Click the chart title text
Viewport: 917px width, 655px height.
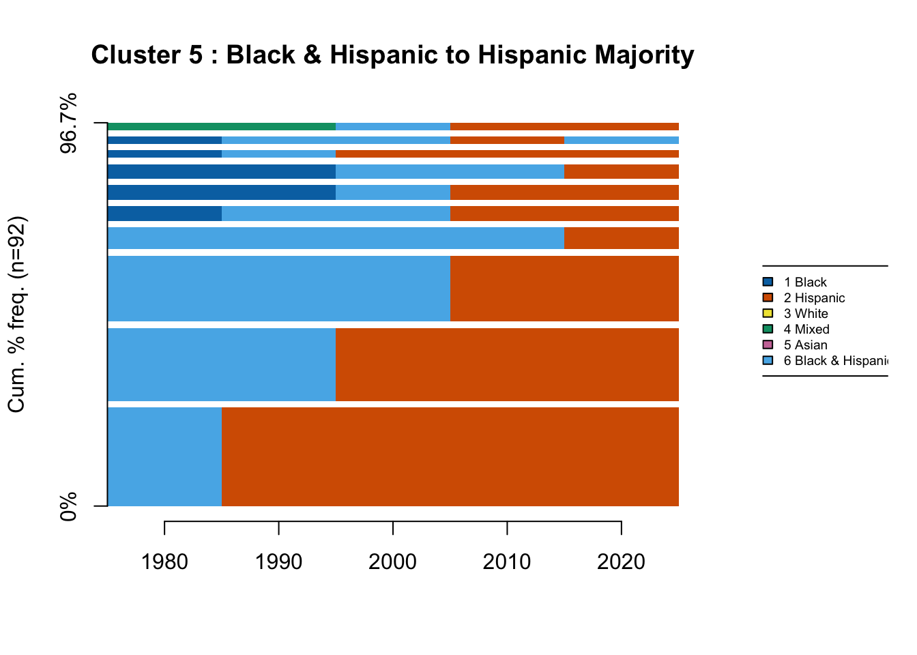pyautogui.click(x=392, y=55)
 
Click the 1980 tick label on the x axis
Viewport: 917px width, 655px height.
pyautogui.click(x=164, y=562)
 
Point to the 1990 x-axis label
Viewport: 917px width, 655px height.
pyautogui.click(x=278, y=562)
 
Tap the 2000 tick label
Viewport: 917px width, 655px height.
pyautogui.click(x=392, y=562)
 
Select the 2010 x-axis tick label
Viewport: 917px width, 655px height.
pyautogui.click(x=506, y=562)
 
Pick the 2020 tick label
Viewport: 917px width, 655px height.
pyautogui.click(x=621, y=562)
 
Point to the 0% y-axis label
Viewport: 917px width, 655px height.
pyautogui.click(x=69, y=507)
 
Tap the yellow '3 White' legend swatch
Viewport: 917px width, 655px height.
pyautogui.click(x=768, y=314)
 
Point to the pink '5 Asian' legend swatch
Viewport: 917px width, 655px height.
pyautogui.click(x=768, y=345)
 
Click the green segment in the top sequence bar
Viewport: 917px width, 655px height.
pyautogui.click(x=221, y=126)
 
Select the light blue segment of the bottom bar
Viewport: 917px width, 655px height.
pyautogui.click(x=164, y=456)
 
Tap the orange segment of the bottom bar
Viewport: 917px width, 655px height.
pyautogui.click(x=450, y=456)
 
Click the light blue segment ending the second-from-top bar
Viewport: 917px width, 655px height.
pyautogui.click(x=622, y=141)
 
